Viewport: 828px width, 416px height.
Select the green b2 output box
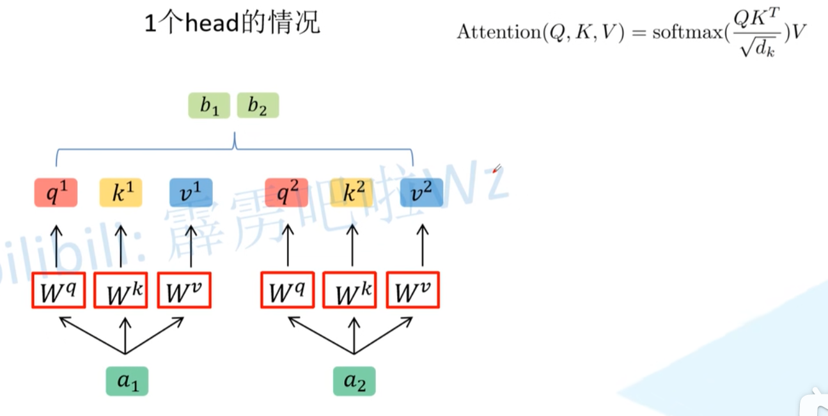pyautogui.click(x=258, y=106)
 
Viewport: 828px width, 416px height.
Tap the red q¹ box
pyautogui.click(x=56, y=193)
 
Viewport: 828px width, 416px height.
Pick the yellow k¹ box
pyautogui.click(x=120, y=193)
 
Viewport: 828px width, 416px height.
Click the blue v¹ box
pyautogui.click(x=191, y=193)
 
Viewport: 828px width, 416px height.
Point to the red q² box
pyautogui.click(x=286, y=193)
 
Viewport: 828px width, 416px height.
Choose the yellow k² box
pyautogui.click(x=352, y=193)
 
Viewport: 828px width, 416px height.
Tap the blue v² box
pyautogui.click(x=421, y=193)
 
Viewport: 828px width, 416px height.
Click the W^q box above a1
pyautogui.click(x=58, y=291)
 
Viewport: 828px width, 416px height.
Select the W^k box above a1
pyautogui.click(x=121, y=291)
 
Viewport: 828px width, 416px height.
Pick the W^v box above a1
pyautogui.click(x=184, y=291)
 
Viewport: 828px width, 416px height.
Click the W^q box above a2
pyautogui.click(x=287, y=291)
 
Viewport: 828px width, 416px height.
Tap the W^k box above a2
pyautogui.click(x=350, y=291)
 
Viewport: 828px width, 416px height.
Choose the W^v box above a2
pyautogui.click(x=413, y=291)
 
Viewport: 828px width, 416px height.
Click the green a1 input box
pyautogui.click(x=127, y=381)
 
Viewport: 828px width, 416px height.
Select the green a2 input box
pyautogui.click(x=354, y=381)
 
